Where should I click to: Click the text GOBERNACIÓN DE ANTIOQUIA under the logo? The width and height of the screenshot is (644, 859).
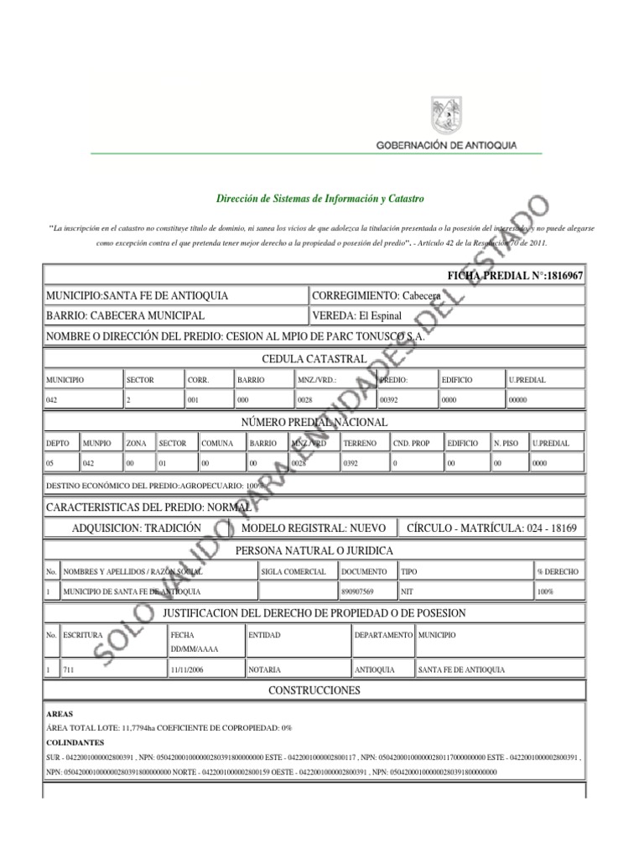pos(445,145)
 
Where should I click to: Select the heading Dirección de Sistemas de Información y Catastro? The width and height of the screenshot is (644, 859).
pos(320,199)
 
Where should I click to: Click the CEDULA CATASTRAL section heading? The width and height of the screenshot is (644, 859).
pos(314,359)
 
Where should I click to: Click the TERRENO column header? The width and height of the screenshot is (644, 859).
pos(360,442)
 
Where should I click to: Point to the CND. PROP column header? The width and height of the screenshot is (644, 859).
pos(412,442)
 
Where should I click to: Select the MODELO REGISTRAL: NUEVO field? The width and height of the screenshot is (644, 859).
pos(313,528)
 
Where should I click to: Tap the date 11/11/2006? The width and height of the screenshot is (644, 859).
pos(188,670)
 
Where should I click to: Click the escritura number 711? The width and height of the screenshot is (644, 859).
pos(70,670)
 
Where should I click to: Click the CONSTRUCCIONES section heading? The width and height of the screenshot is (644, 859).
pos(314,690)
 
